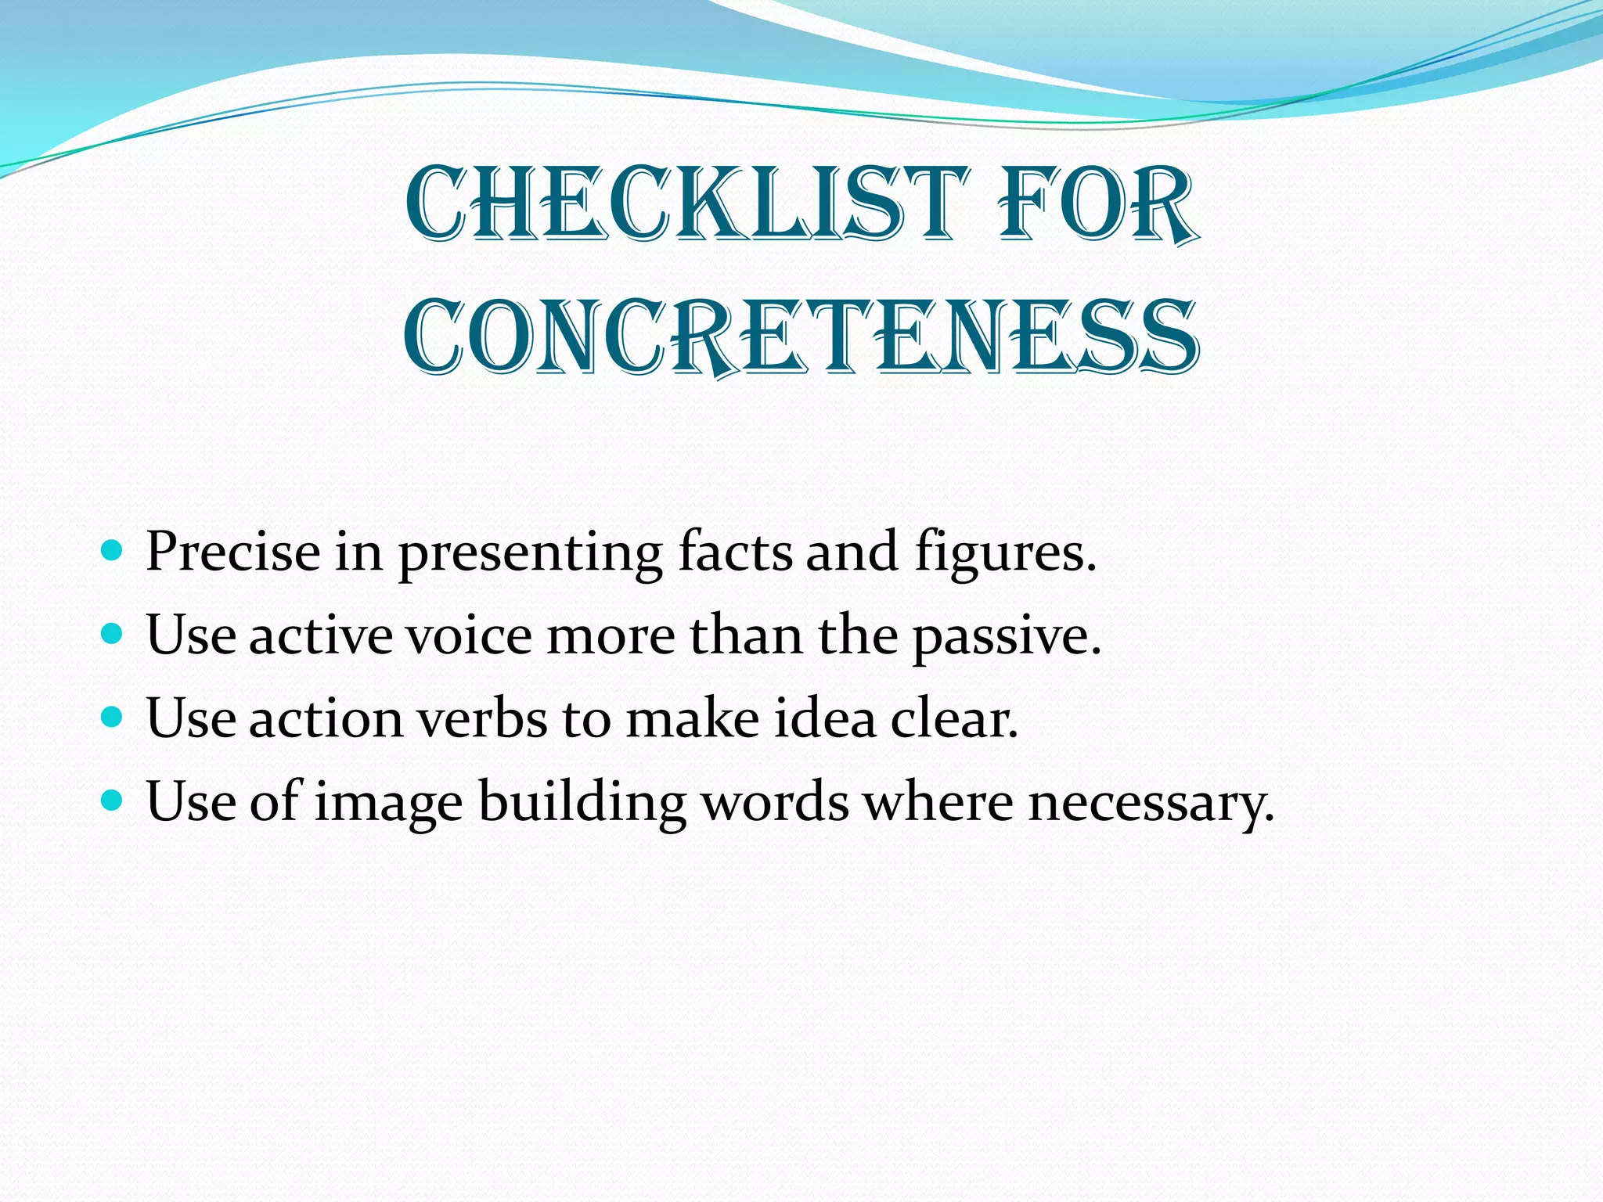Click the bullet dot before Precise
tap(113, 549)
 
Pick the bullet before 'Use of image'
tap(113, 799)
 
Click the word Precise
tap(232, 551)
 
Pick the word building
tap(582, 802)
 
